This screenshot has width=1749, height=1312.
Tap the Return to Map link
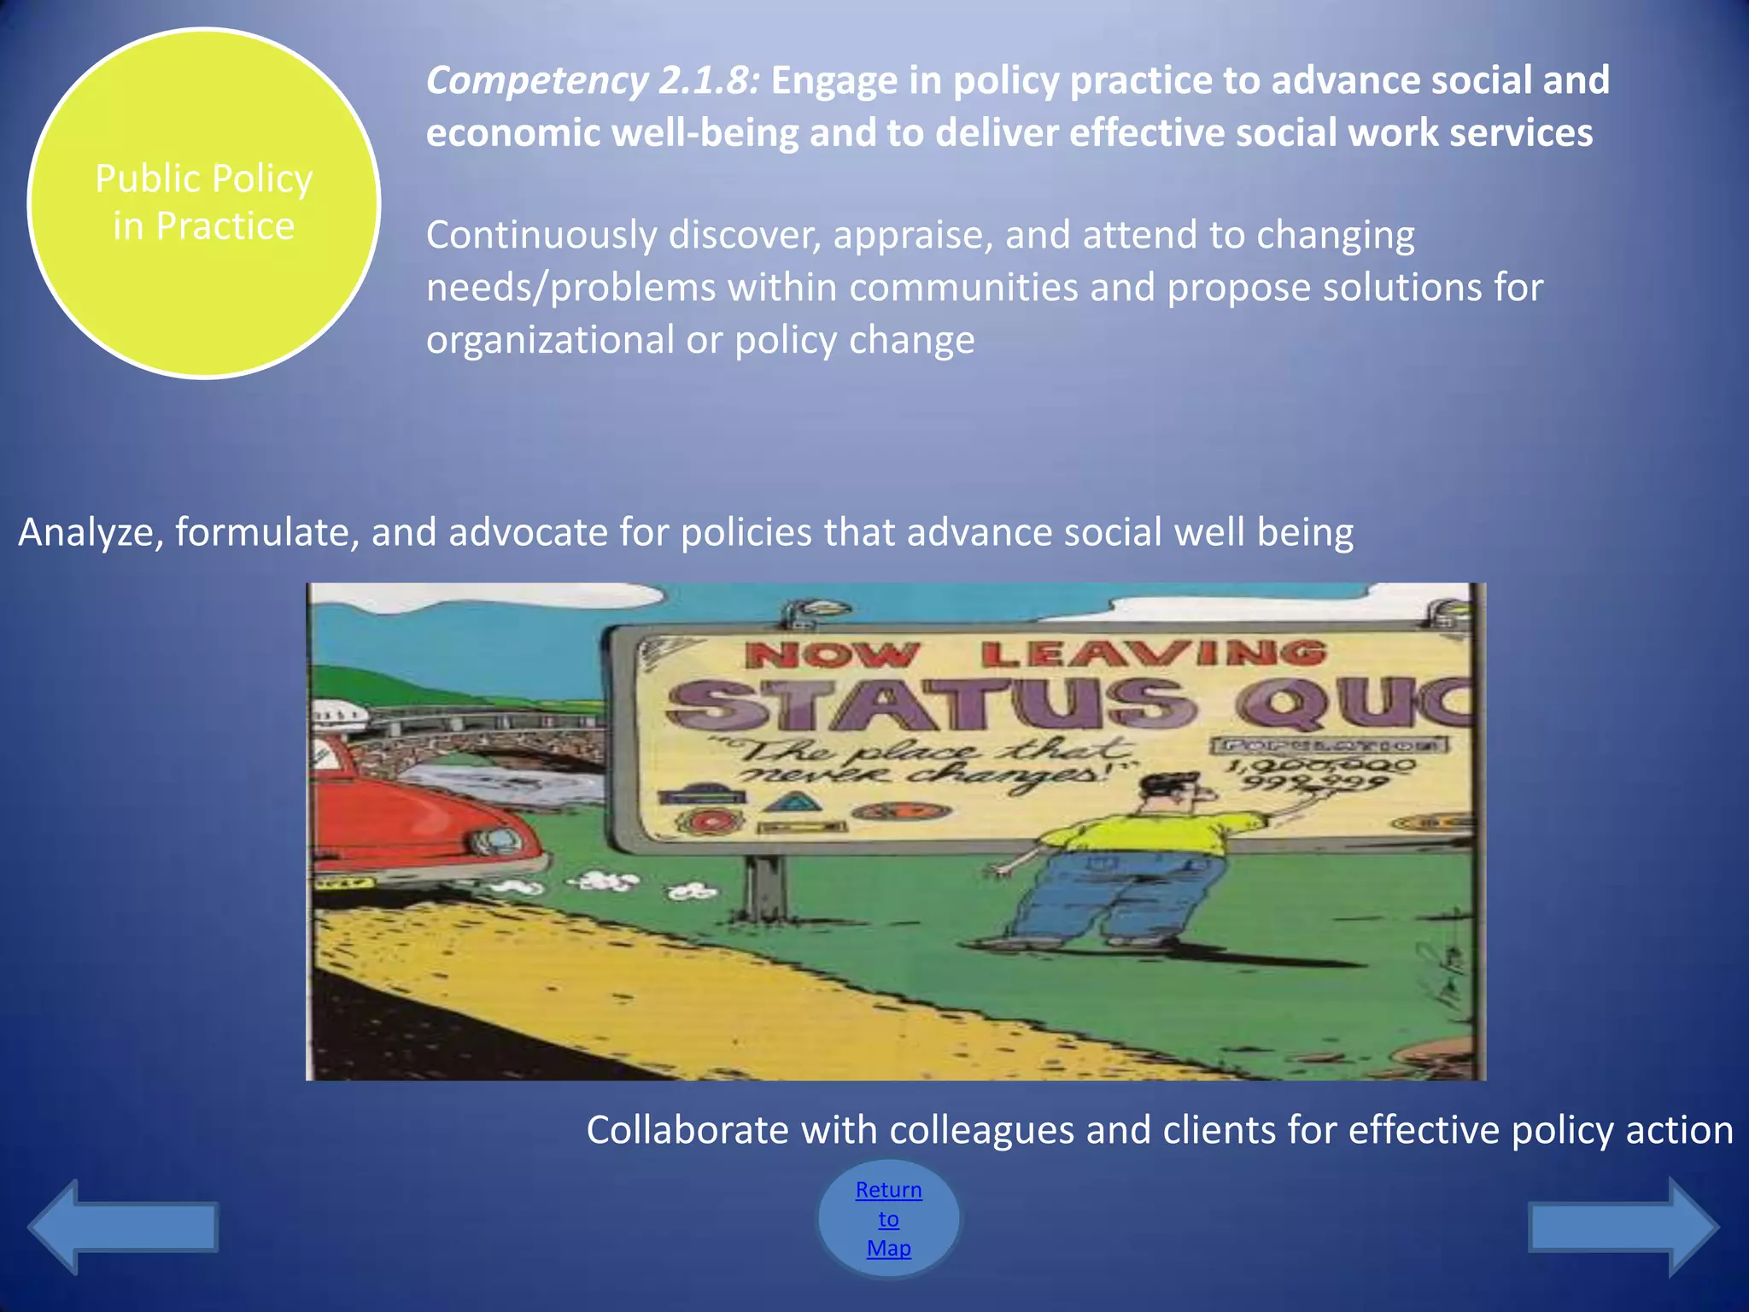tap(888, 1218)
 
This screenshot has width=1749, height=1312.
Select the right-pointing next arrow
tap(1623, 1227)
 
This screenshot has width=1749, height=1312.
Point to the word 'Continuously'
tap(541, 235)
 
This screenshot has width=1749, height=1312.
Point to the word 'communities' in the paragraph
tap(963, 288)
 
